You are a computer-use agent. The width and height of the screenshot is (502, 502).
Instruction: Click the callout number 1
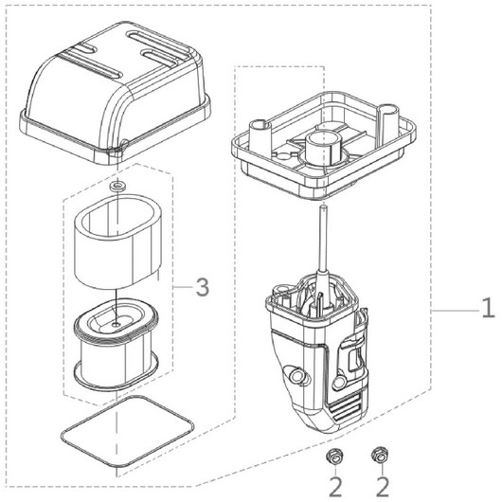[489, 308]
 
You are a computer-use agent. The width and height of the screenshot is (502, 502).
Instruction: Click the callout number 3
[203, 287]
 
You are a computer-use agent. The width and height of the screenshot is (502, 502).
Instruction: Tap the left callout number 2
[335, 487]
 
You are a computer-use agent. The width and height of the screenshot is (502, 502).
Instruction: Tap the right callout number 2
[382, 487]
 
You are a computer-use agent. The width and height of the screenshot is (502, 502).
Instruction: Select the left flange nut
[334, 457]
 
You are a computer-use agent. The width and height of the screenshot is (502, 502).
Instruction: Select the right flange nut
[380, 455]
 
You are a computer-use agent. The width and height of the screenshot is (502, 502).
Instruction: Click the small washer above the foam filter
[117, 186]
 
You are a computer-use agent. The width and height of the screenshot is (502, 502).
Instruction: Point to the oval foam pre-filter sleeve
[117, 242]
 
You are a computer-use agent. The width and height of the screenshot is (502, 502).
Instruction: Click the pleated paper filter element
[116, 345]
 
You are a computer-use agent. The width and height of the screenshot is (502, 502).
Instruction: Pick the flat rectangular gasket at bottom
[128, 431]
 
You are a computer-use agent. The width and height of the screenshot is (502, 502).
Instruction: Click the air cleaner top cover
[116, 91]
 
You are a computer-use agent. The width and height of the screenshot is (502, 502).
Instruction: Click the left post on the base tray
[260, 134]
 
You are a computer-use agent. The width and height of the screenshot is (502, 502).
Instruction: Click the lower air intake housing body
[317, 352]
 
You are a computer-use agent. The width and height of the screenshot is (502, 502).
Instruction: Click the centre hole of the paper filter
[117, 324]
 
